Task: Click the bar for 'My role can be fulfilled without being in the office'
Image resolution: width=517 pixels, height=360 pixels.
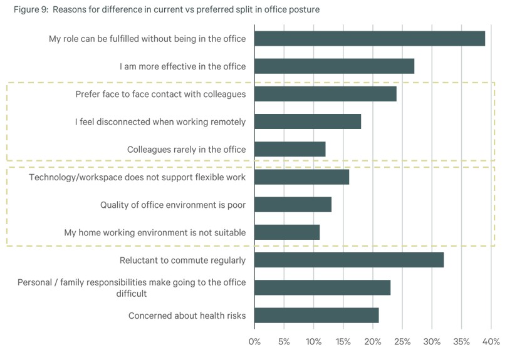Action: click(x=370, y=38)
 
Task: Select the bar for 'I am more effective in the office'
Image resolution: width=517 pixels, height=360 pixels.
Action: click(x=334, y=66)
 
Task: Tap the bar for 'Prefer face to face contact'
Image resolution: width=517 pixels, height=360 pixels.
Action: click(x=325, y=94)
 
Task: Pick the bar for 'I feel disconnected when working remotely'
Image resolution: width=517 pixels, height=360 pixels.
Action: click(x=308, y=121)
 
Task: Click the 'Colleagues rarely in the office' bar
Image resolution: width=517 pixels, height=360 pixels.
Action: click(x=290, y=149)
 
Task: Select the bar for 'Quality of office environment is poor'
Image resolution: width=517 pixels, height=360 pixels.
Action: click(x=293, y=205)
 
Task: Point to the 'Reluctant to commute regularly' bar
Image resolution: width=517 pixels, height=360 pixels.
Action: click(x=349, y=260)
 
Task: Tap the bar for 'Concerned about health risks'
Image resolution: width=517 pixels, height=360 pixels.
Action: click(x=316, y=316)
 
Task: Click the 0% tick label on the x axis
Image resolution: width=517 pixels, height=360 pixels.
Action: click(x=254, y=342)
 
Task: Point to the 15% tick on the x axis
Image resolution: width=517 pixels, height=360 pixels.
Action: click(x=343, y=342)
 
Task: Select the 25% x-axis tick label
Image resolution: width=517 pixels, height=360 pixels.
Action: click(x=402, y=342)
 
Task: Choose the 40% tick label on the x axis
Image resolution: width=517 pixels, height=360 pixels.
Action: click(x=491, y=342)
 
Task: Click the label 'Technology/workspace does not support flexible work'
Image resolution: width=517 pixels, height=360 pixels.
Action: click(x=137, y=177)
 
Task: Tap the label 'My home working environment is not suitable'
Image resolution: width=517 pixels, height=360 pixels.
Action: click(x=155, y=232)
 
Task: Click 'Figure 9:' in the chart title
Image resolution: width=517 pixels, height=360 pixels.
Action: click(x=31, y=9)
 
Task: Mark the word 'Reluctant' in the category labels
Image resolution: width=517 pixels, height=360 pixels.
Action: click(x=138, y=260)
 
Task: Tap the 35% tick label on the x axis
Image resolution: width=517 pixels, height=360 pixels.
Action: click(x=462, y=342)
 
